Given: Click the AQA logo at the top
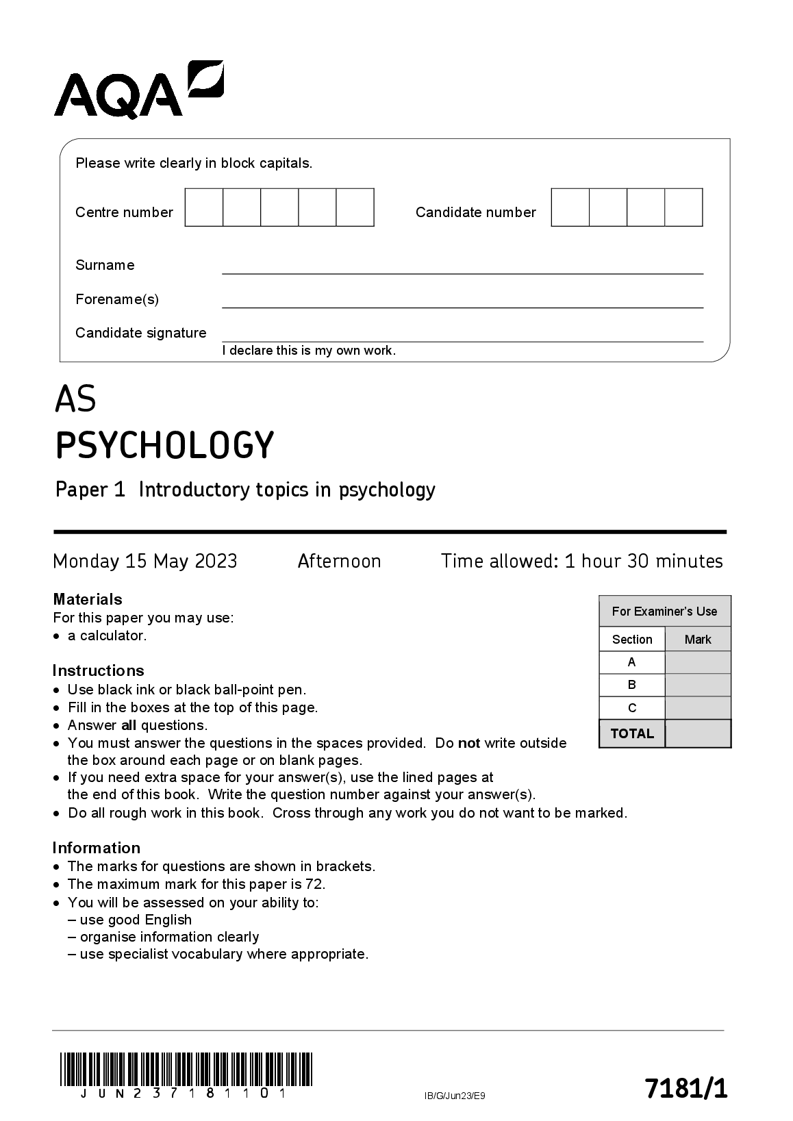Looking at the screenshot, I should [138, 90].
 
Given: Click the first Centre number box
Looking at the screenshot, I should [204, 207].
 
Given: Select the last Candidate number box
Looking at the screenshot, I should [683, 207].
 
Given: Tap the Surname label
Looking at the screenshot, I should [105, 265].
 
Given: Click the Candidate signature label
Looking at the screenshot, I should [140, 333].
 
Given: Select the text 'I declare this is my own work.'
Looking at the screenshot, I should [309, 351].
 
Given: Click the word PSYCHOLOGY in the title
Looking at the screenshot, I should [164, 445].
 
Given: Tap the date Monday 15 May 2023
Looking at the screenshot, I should [145, 562].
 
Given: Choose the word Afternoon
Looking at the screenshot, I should [339, 562].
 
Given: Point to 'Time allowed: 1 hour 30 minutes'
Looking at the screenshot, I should [581, 562].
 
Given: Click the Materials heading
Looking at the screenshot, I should [88, 599].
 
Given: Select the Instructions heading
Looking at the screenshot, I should [98, 670].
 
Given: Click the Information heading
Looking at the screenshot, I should [96, 848].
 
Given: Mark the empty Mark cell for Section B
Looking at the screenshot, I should [698, 685].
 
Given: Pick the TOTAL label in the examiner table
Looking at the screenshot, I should [632, 733].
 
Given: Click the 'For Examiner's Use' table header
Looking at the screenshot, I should [664, 612].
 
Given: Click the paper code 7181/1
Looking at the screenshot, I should [686, 1088].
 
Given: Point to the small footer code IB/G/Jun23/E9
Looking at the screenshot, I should [455, 1096].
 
